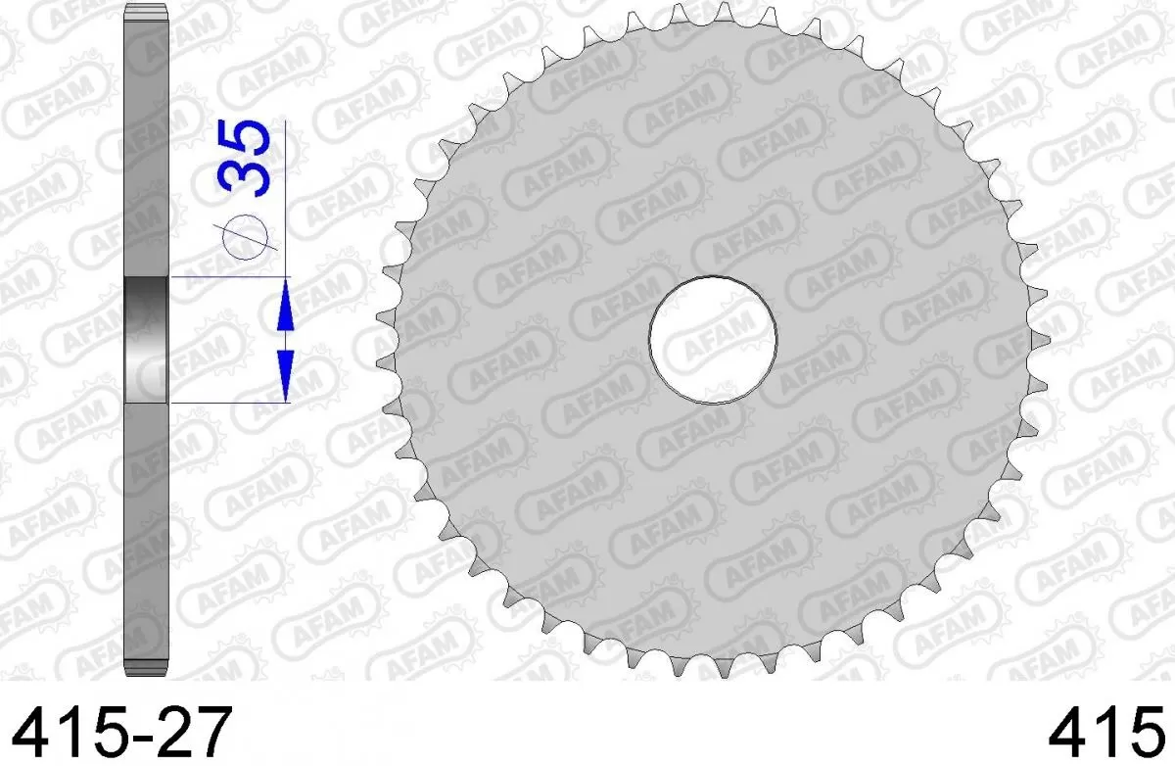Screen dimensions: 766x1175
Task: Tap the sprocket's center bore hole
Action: click(x=713, y=339)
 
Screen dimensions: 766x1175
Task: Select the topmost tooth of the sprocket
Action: click(x=723, y=13)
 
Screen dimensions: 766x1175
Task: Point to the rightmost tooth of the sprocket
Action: click(x=1043, y=339)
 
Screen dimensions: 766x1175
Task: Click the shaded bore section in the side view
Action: click(x=148, y=340)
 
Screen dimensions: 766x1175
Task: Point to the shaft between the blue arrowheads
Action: click(x=285, y=340)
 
